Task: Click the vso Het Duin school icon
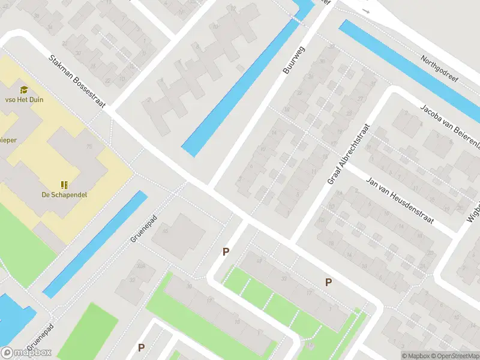click(x=24, y=90)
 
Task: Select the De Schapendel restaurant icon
click(x=64, y=184)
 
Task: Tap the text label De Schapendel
click(x=62, y=195)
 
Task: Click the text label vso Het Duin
click(x=24, y=100)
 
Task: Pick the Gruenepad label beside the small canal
click(x=143, y=229)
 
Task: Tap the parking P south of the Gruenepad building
click(x=226, y=252)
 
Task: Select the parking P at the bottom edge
click(x=142, y=347)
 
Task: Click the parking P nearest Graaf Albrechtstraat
click(x=328, y=282)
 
